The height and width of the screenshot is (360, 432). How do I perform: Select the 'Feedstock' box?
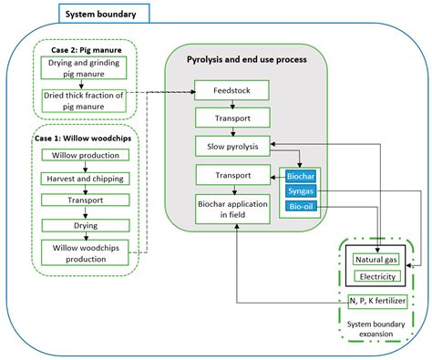[x=231, y=91]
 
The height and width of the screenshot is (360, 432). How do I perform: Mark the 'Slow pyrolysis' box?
[x=231, y=145]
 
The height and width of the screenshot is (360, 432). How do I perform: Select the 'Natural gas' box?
[x=377, y=261]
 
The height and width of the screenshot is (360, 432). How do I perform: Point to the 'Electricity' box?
[x=377, y=276]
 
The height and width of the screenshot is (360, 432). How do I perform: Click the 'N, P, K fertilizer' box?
[x=377, y=302]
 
